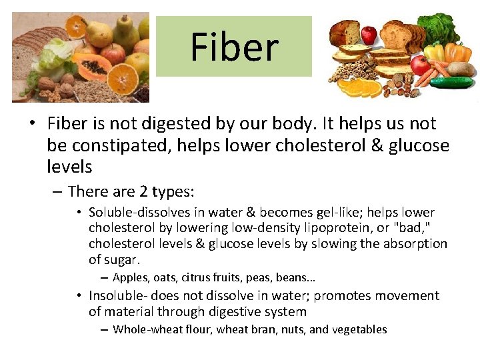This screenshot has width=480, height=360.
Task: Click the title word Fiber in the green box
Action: pyautogui.click(x=234, y=47)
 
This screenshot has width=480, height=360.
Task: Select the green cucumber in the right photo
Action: pyautogui.click(x=451, y=83)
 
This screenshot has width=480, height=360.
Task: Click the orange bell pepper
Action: pyautogui.click(x=458, y=51)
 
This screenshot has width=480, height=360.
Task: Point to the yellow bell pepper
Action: pyautogui.click(x=434, y=51)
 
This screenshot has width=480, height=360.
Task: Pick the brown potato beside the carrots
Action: pyautogui.click(x=461, y=69)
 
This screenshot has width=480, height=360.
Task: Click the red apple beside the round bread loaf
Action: pyautogui.click(x=368, y=34)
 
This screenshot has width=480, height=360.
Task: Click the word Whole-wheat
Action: pyautogui.click(x=142, y=329)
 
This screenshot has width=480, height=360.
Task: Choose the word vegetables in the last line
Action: pyautogui.click(x=360, y=329)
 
